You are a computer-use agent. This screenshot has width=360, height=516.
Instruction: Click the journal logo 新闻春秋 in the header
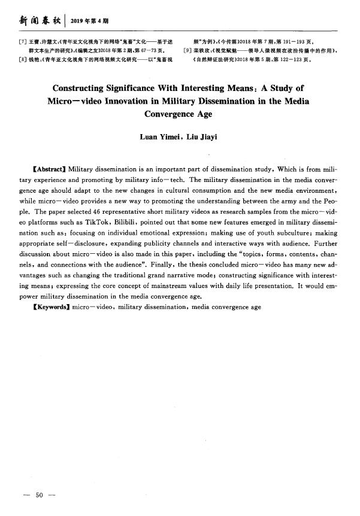40,21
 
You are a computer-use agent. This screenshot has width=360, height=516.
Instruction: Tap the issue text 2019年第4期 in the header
89,22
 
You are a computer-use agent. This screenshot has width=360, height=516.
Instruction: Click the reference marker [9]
187,51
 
